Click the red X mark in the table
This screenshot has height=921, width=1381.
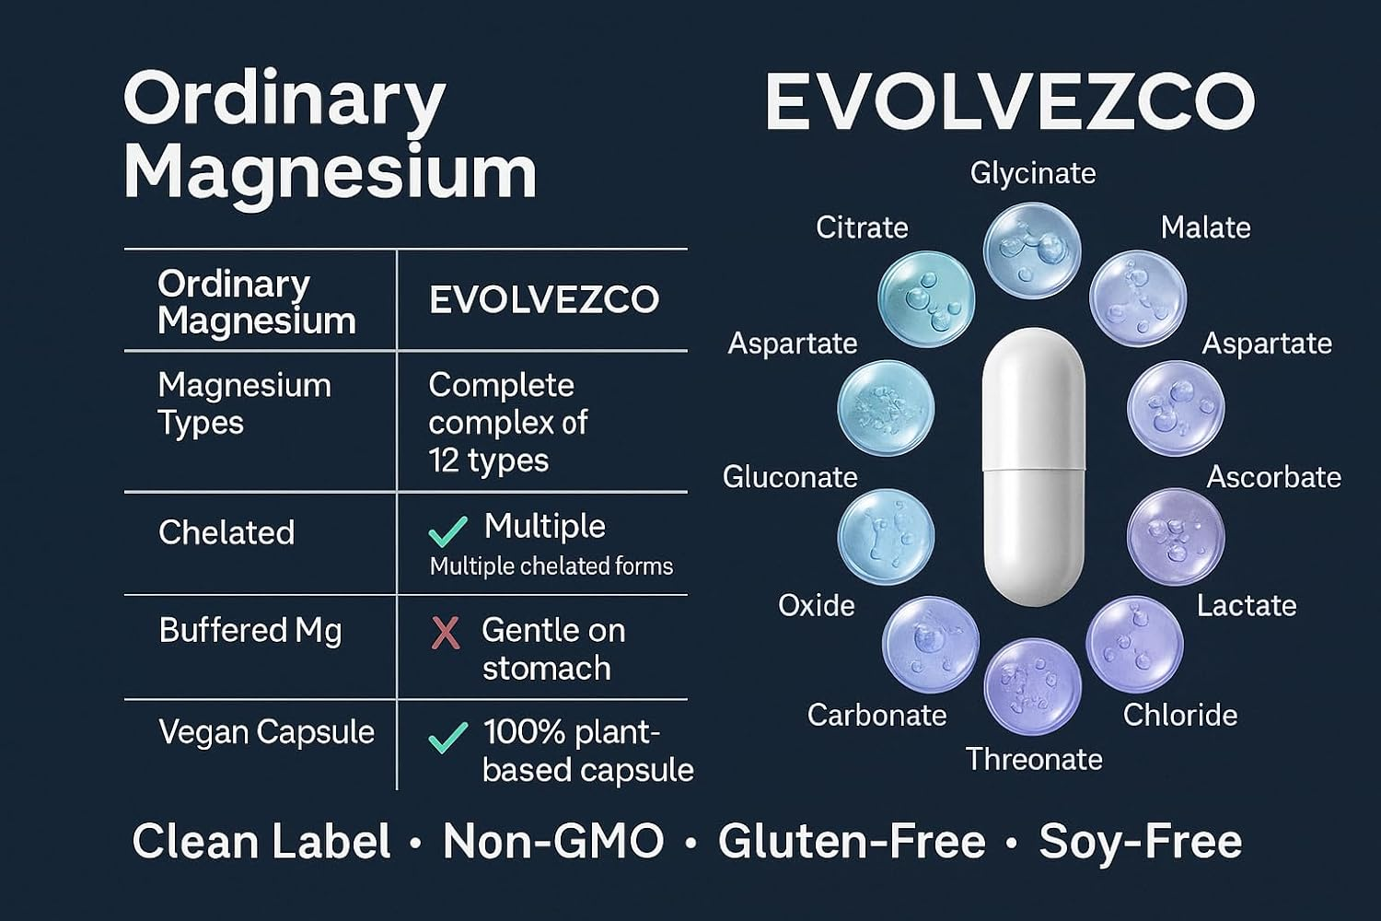[446, 633]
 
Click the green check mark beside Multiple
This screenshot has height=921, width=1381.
[448, 531]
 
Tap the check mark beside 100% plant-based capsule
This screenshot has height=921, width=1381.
[448, 737]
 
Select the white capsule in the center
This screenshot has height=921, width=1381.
[1033, 467]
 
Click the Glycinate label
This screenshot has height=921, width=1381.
[1033, 173]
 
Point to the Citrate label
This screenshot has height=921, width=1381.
[862, 227]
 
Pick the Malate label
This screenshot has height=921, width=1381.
[1205, 227]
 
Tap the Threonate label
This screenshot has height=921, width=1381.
[1034, 759]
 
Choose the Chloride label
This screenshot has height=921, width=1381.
[1179, 715]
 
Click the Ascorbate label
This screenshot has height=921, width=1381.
[1273, 477]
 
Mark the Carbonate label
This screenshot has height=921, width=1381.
[876, 715]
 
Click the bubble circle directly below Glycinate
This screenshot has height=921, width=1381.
[1031, 251]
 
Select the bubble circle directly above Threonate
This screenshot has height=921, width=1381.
[1032, 686]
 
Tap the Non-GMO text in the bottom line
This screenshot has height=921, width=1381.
[553, 842]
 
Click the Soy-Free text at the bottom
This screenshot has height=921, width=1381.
[1140, 842]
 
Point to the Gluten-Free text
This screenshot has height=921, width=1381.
[852, 842]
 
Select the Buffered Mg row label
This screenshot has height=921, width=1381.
[250, 631]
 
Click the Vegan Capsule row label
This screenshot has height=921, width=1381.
[266, 732]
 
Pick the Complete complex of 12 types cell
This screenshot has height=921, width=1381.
[508, 422]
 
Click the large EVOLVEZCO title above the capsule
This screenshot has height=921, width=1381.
[1009, 101]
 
